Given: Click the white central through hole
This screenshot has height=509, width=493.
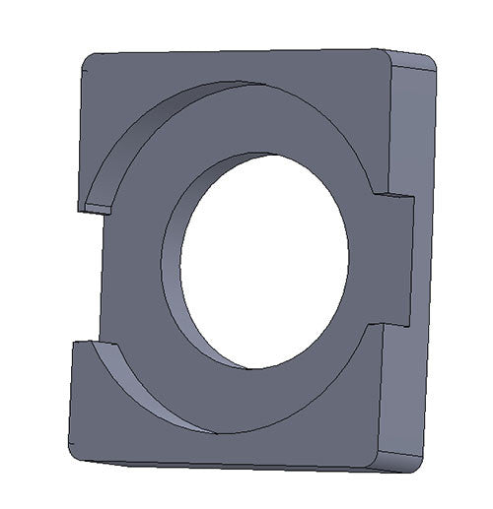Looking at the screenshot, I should (264, 261).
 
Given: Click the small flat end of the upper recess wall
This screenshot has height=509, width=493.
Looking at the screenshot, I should (98, 208).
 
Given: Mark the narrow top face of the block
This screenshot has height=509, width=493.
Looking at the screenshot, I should (246, 52).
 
